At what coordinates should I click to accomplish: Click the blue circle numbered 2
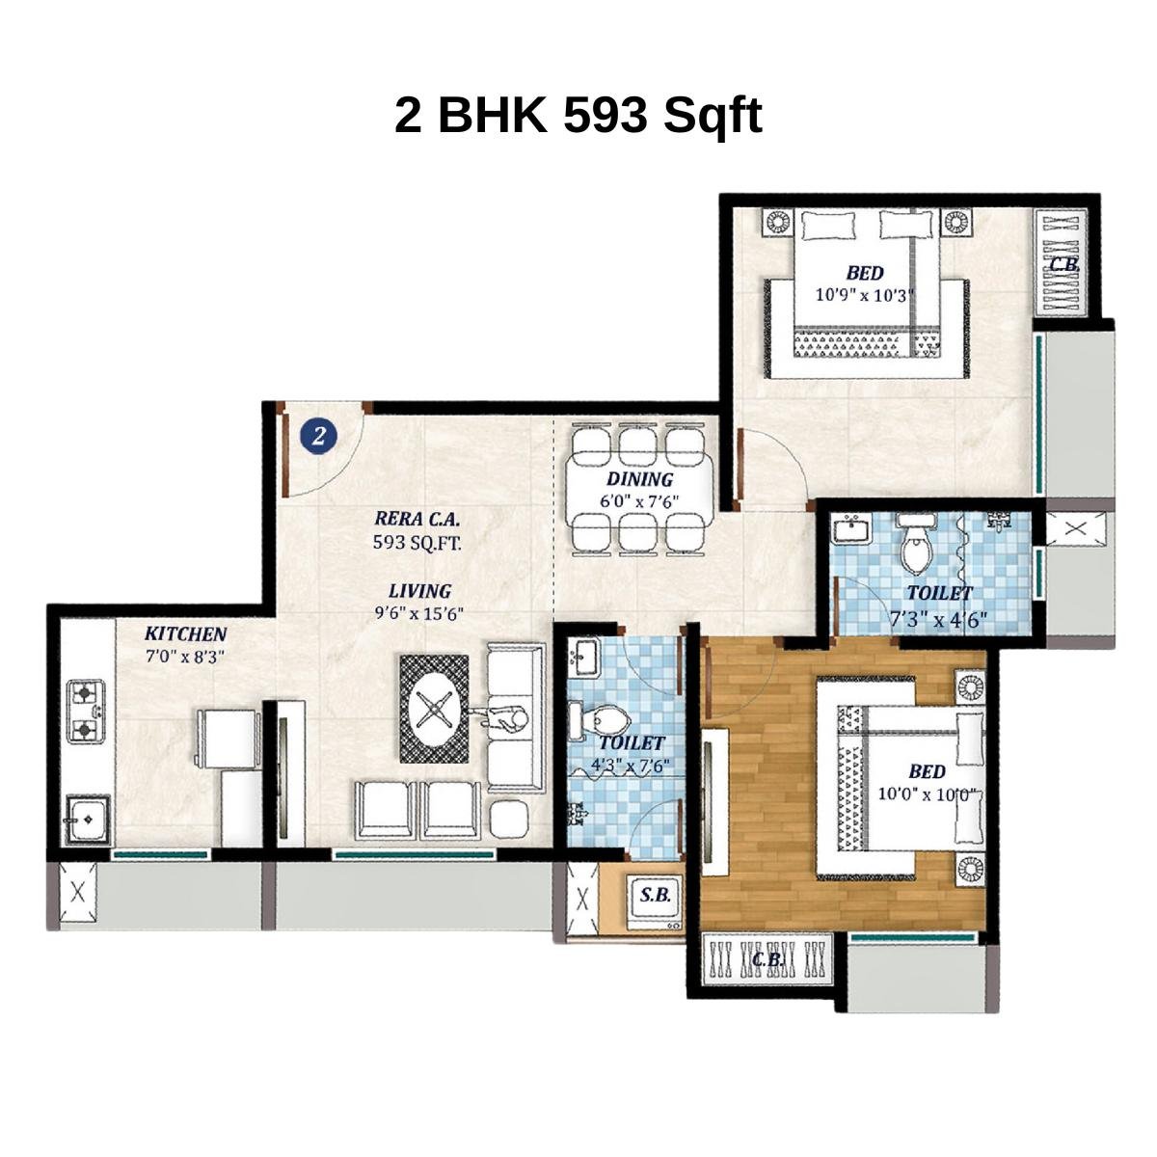click(319, 436)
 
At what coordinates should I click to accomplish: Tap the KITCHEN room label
click(185, 633)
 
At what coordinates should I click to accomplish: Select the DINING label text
click(639, 479)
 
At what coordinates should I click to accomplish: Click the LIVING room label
click(419, 591)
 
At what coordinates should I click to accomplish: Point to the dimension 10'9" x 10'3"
click(864, 295)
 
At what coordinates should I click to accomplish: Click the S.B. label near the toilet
click(656, 895)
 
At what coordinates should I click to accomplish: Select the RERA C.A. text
click(416, 518)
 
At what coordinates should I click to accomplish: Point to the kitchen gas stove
click(86, 711)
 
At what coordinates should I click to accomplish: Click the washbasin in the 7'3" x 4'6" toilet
click(851, 528)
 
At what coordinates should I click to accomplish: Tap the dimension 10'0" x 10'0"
click(927, 795)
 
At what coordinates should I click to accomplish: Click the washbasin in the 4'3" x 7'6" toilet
click(584, 659)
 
